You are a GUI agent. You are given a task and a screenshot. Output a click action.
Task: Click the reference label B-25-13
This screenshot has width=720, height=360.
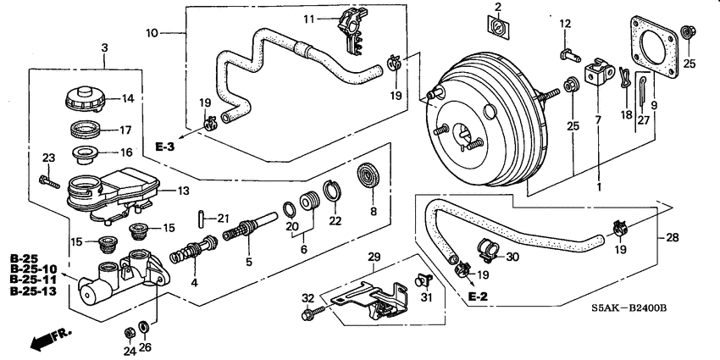(x=33, y=290)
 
